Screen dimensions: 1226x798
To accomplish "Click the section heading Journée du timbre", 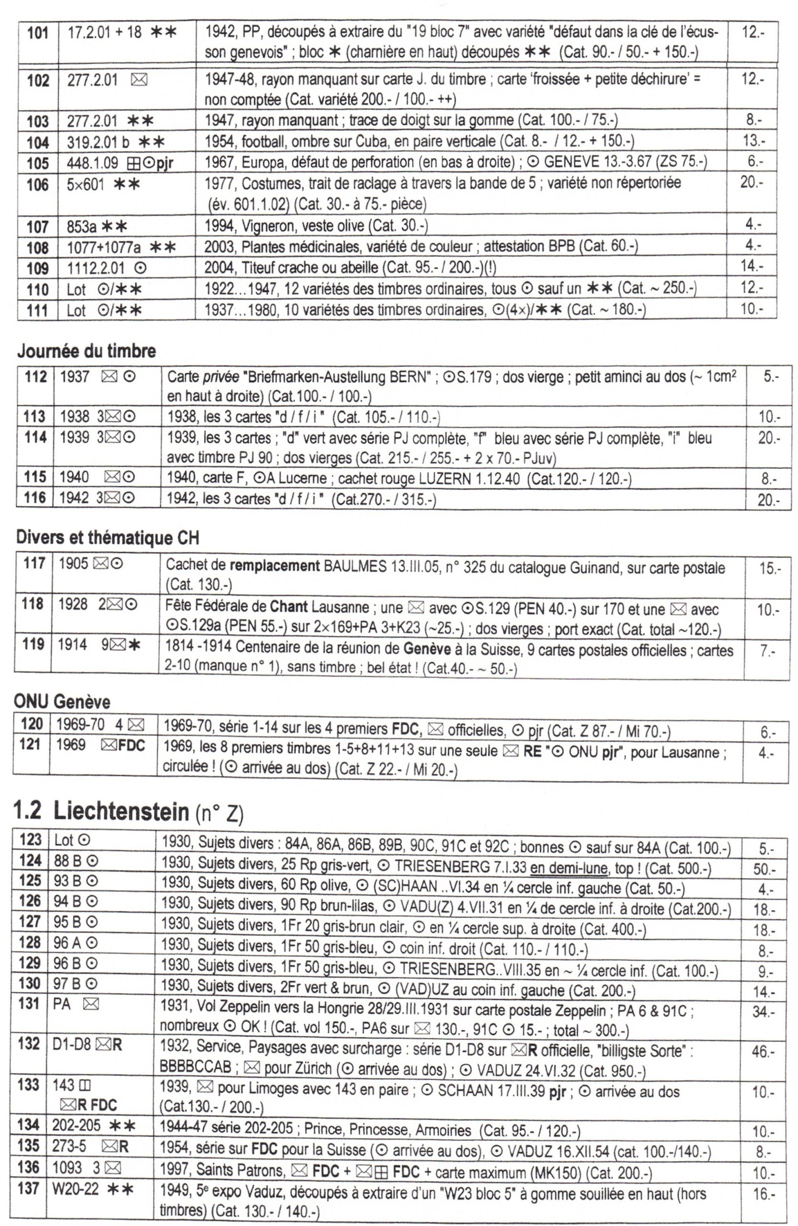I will [86, 352].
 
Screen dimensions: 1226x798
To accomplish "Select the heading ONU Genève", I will [62, 702].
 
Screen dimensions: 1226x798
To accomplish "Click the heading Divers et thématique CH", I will [107, 538].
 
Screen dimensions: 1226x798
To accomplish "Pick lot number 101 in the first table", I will [38, 33].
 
